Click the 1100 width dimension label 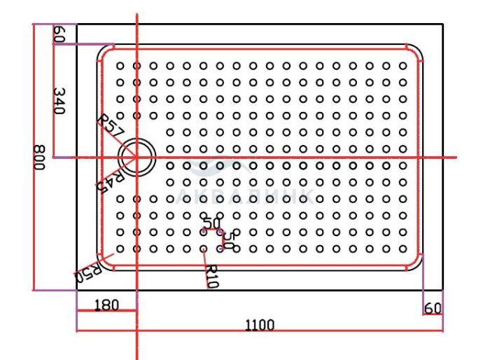(x=260, y=325)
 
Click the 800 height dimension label (x=39, y=158)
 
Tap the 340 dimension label (x=59, y=101)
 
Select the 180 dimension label (x=106, y=305)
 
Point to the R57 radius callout (x=110, y=126)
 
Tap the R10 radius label (x=212, y=277)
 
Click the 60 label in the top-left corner (x=59, y=34)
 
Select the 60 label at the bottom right (x=433, y=308)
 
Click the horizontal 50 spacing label (x=211, y=223)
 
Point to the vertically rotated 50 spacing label (x=229, y=240)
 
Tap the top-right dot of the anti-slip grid (x=402, y=66)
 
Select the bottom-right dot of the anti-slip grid (x=402, y=249)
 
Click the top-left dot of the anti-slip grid (x=120, y=66)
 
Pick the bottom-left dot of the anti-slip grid (x=120, y=249)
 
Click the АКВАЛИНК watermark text (x=245, y=197)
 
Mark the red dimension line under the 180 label (x=106, y=310)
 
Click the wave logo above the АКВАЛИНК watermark (x=218, y=165)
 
